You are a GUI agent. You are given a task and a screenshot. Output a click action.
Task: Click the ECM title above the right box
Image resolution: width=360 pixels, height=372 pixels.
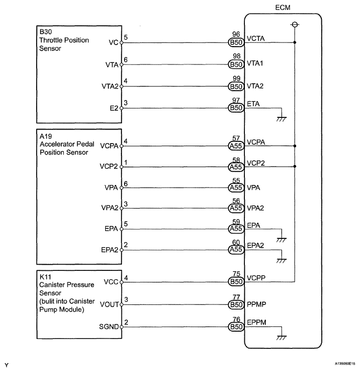[x=283, y=8]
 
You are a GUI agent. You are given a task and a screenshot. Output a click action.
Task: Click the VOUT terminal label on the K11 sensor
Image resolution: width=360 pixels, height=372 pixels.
[x=110, y=304]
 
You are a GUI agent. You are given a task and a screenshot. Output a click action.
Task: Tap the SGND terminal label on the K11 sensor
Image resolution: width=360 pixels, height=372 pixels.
[x=109, y=326]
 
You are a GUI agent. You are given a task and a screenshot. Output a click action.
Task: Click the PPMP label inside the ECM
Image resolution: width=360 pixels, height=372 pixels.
[x=257, y=304]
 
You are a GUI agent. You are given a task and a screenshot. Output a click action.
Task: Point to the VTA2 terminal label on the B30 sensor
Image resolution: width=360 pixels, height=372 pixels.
[x=110, y=86]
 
